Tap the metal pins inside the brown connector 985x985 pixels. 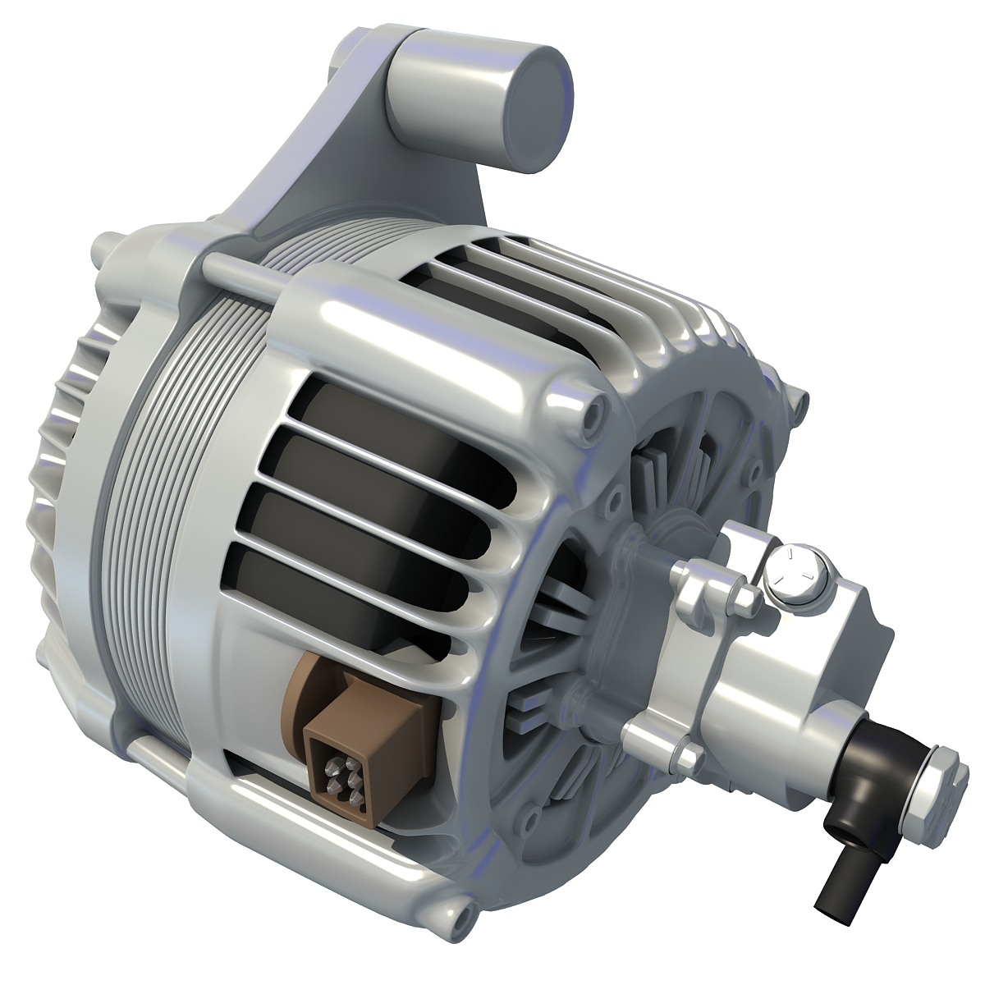click(341, 777)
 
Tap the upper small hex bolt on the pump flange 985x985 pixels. click(743, 599)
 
